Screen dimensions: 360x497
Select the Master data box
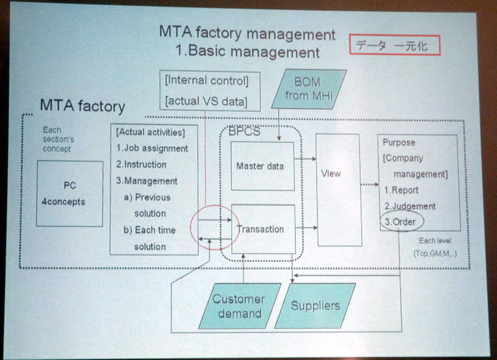[x=260, y=166]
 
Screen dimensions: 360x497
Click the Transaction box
[x=260, y=229]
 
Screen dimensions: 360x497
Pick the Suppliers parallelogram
[x=316, y=305]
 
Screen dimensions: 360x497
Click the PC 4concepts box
[x=69, y=193]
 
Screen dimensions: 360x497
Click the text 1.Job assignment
[x=152, y=148]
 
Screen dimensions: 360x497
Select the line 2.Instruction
[x=142, y=164]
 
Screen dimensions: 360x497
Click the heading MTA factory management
[x=247, y=34]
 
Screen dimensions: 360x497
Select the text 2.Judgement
[x=409, y=206]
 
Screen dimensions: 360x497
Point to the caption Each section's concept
[x=57, y=140]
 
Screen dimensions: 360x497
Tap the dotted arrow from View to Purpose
[x=369, y=184]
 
